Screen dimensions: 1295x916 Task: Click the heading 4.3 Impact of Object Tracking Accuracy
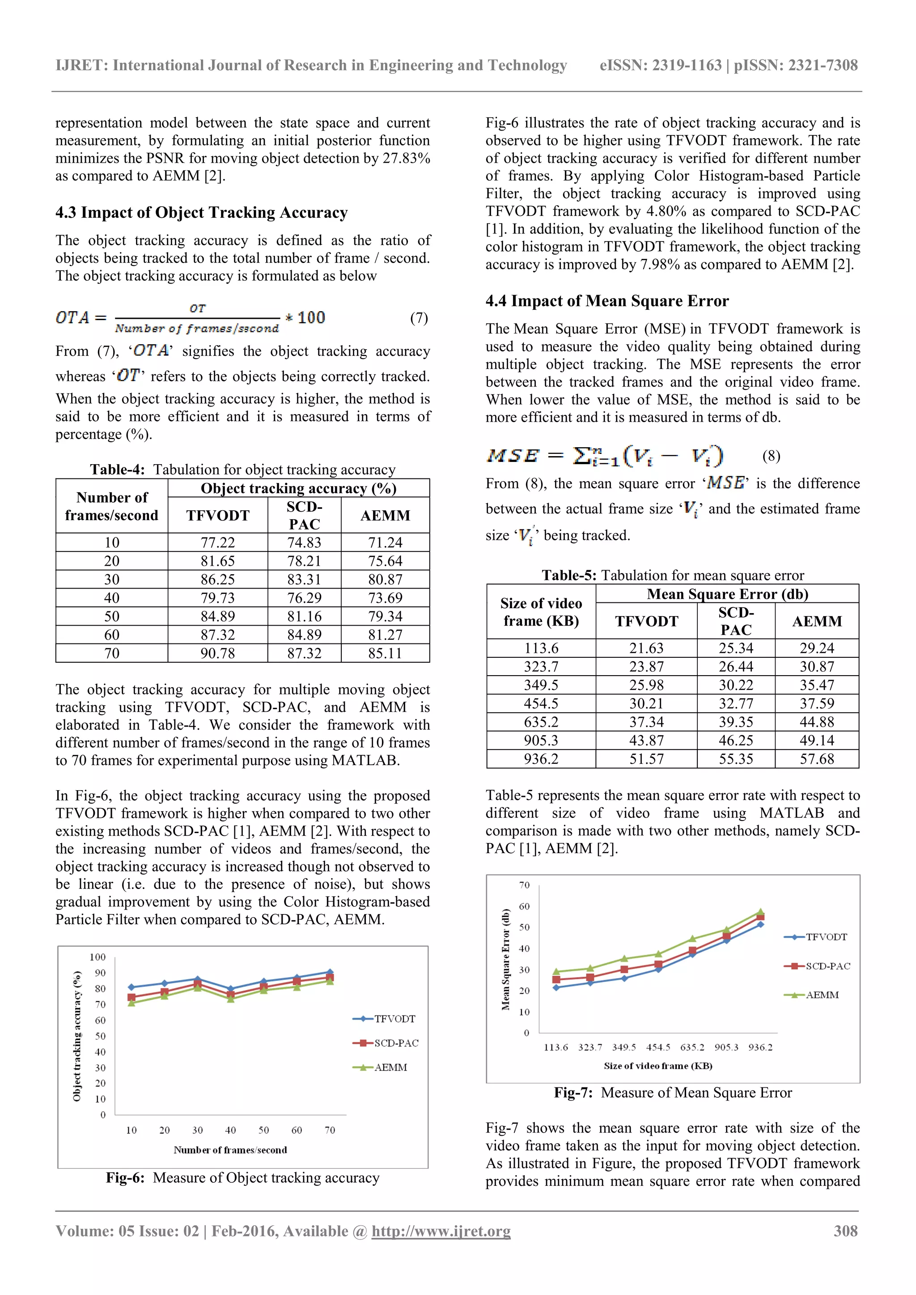coord(201,213)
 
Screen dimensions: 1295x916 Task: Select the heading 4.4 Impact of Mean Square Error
coord(607,301)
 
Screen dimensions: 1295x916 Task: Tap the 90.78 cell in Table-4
coord(218,653)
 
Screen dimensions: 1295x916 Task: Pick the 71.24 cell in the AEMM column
coord(385,542)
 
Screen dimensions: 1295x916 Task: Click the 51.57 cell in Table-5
coord(646,759)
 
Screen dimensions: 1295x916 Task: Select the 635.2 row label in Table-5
coord(541,722)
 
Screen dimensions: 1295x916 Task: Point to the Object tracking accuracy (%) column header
coord(298,488)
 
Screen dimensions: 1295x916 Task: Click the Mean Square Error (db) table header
coord(727,594)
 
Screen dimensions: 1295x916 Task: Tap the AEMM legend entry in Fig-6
coord(390,1067)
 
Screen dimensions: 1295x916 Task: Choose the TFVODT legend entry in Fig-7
coord(826,937)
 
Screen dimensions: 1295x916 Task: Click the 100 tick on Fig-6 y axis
coord(98,957)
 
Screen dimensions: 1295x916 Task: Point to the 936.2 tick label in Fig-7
coord(760,1047)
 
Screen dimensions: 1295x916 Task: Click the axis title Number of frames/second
coord(230,1150)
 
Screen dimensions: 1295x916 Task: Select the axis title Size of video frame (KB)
coord(657,1066)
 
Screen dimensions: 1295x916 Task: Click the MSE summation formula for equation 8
coord(605,456)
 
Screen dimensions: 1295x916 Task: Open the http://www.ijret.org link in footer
coord(441,1231)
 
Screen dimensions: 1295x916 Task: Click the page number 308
coord(845,1231)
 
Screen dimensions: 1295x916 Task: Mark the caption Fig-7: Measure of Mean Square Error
coord(673,1092)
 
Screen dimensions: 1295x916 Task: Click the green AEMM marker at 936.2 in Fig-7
coord(760,911)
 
